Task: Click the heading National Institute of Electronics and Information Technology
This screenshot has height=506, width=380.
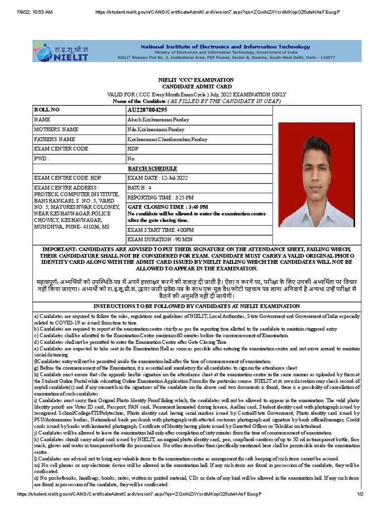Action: (225, 46)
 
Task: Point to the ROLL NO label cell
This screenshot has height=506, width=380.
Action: (47, 110)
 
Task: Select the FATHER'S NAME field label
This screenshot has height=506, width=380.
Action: (55, 139)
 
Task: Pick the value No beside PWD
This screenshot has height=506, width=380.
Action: (131, 159)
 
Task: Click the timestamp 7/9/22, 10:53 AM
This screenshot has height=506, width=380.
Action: (35, 11)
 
